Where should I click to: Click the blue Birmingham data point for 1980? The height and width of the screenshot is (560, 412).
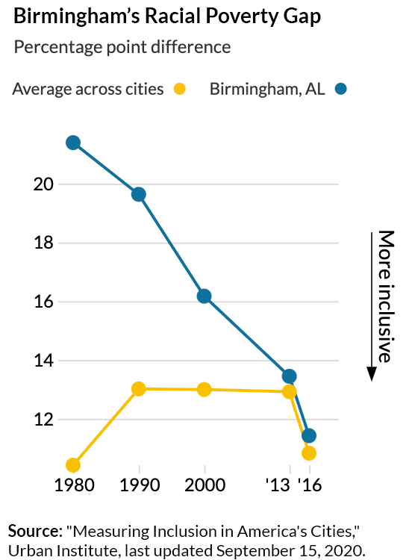73,143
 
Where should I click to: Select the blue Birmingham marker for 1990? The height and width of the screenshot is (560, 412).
138,194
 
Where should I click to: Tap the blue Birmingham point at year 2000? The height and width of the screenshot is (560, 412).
204,296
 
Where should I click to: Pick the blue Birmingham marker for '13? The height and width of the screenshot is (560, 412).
289,376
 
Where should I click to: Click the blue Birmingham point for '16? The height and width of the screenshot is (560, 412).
308,435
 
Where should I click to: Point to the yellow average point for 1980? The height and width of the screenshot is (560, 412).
73,465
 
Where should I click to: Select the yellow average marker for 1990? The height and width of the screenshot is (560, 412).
138,389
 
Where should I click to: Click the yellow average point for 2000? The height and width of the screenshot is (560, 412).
204,390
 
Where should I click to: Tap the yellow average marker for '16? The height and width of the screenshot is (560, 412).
308,453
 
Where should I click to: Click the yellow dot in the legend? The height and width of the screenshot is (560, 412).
179,89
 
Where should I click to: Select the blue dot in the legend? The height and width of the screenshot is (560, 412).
342,89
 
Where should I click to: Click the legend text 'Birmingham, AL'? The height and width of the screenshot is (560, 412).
267,89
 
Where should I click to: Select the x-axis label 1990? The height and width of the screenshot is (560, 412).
138,485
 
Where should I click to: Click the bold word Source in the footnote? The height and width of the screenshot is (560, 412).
33,531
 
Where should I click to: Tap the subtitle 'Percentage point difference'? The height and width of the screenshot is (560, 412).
122,47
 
